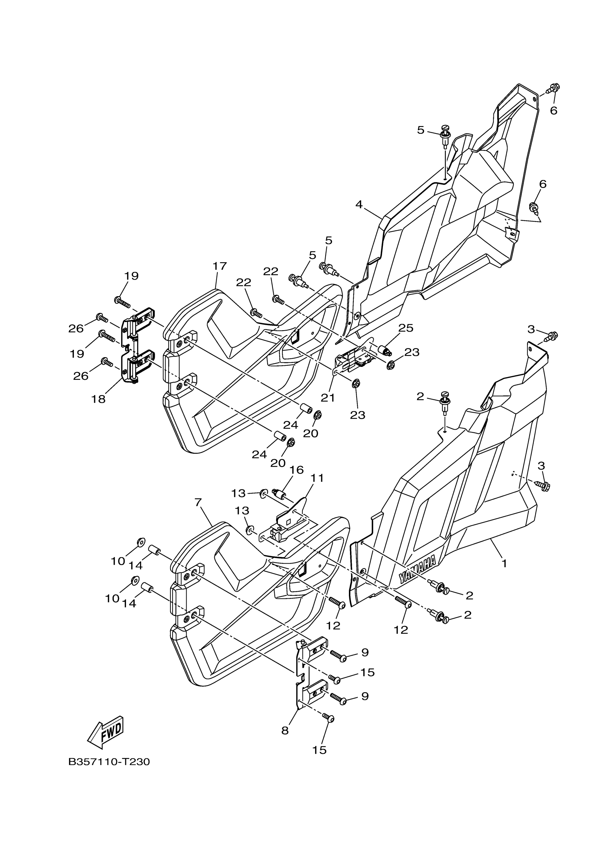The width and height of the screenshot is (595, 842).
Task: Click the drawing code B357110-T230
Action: click(109, 762)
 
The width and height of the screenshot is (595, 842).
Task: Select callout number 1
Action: click(504, 563)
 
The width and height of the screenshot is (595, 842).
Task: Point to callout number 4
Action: click(359, 204)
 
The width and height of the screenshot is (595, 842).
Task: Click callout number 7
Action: click(198, 502)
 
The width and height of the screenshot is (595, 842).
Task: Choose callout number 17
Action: click(219, 266)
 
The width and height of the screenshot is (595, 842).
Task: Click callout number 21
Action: click(328, 397)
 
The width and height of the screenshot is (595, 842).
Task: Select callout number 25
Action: click(406, 328)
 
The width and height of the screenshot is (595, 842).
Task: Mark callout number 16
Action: click(296, 470)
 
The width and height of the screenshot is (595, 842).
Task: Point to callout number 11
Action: click(317, 478)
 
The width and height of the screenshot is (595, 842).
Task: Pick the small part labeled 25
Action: click(384, 350)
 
